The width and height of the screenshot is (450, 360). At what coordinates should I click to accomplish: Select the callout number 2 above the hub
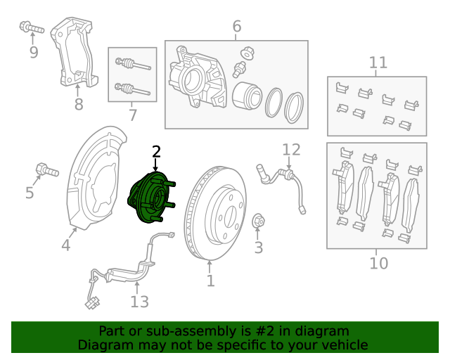tap(156, 152)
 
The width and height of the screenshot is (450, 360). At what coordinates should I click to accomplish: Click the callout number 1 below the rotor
tap(210, 282)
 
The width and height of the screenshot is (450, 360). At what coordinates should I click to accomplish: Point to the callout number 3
tap(258, 247)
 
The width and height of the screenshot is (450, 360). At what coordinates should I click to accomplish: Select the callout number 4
tap(65, 246)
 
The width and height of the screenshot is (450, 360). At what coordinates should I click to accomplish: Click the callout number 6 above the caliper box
tap(236, 27)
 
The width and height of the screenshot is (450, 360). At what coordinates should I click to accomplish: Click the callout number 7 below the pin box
tap(133, 115)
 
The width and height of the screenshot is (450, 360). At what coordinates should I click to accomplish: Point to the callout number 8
tap(79, 105)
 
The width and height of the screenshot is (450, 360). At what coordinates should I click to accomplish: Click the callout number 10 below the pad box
tap(378, 264)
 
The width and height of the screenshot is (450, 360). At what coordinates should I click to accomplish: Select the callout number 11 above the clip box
tap(378, 63)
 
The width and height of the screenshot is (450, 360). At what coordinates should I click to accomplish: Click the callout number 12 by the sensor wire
tap(291, 149)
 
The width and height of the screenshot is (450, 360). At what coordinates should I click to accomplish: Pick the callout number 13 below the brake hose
tap(139, 302)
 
